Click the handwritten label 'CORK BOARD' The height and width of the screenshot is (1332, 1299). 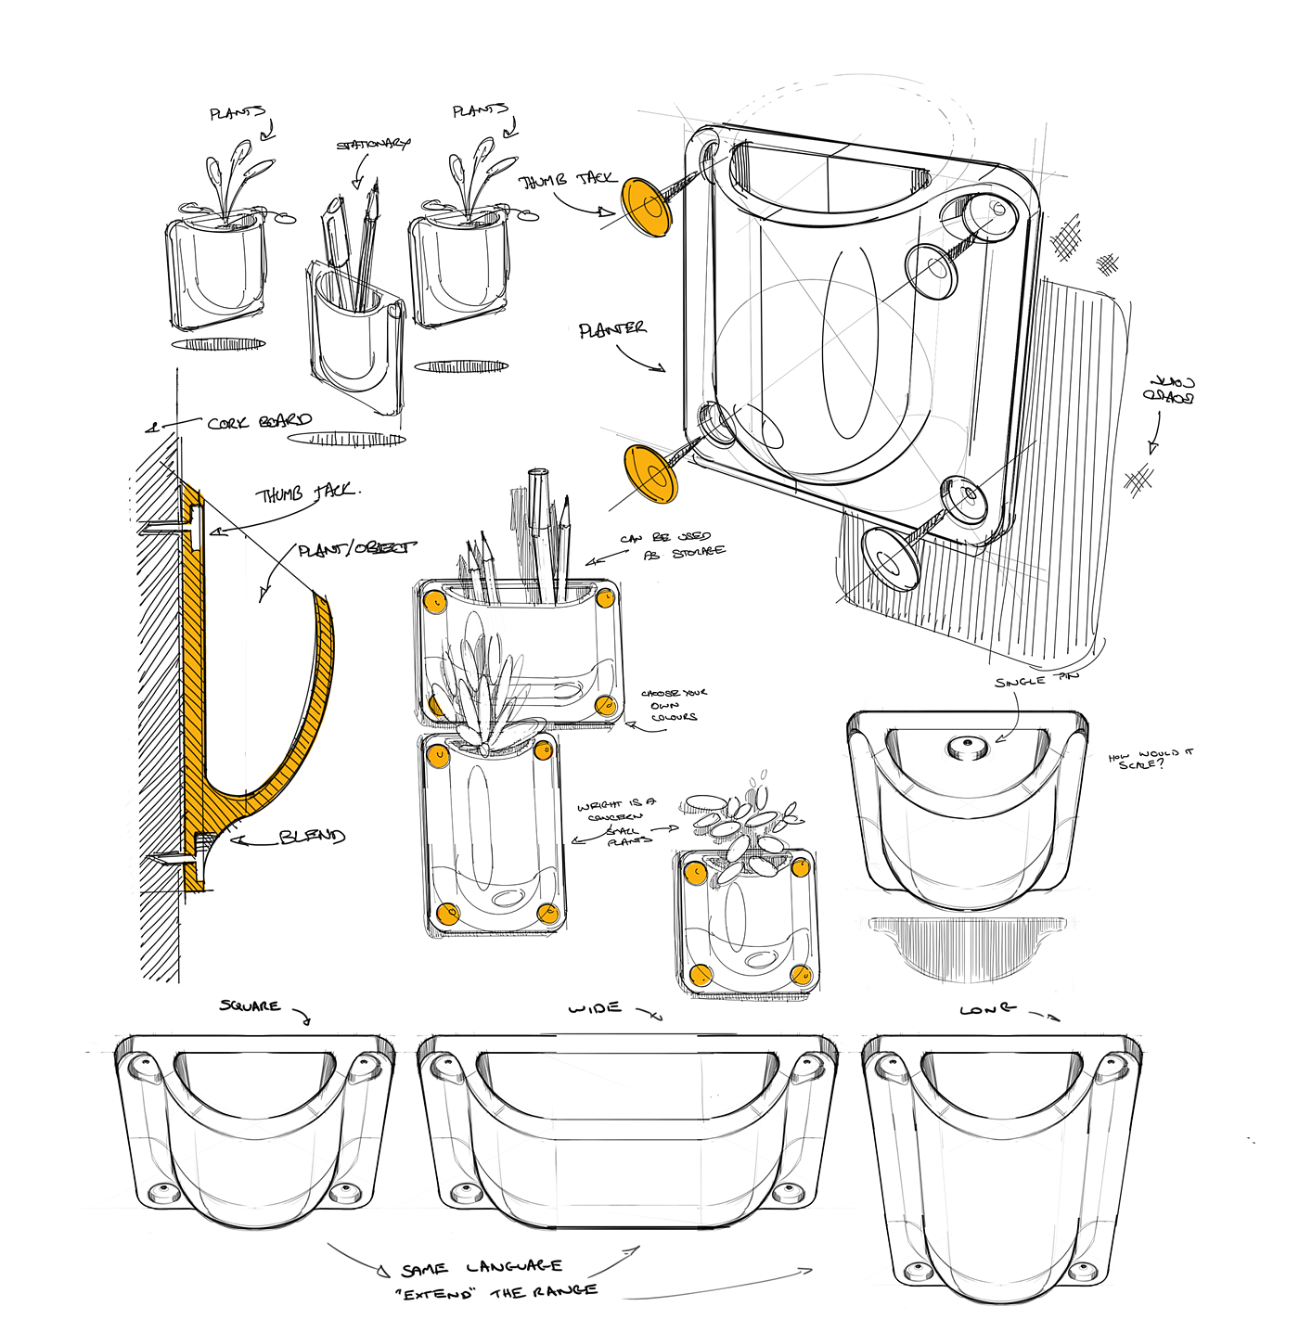[259, 422]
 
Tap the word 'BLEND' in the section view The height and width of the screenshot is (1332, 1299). [312, 837]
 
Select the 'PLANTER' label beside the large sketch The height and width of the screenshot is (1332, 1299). [612, 329]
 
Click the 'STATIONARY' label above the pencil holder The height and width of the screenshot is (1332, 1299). [372, 145]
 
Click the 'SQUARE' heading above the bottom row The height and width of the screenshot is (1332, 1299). [250, 1005]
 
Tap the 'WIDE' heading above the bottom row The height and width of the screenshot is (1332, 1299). [595, 1007]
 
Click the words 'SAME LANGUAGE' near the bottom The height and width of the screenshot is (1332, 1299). [482, 1267]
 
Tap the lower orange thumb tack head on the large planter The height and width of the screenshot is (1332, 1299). [650, 474]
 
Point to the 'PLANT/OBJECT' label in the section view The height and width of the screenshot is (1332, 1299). [356, 549]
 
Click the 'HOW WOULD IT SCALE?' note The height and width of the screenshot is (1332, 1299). [1151, 758]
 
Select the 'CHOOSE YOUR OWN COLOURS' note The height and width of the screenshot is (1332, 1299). [674, 705]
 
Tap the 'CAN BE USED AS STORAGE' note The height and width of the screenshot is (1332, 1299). [673, 544]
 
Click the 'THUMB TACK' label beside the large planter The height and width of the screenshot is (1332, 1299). [567, 179]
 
